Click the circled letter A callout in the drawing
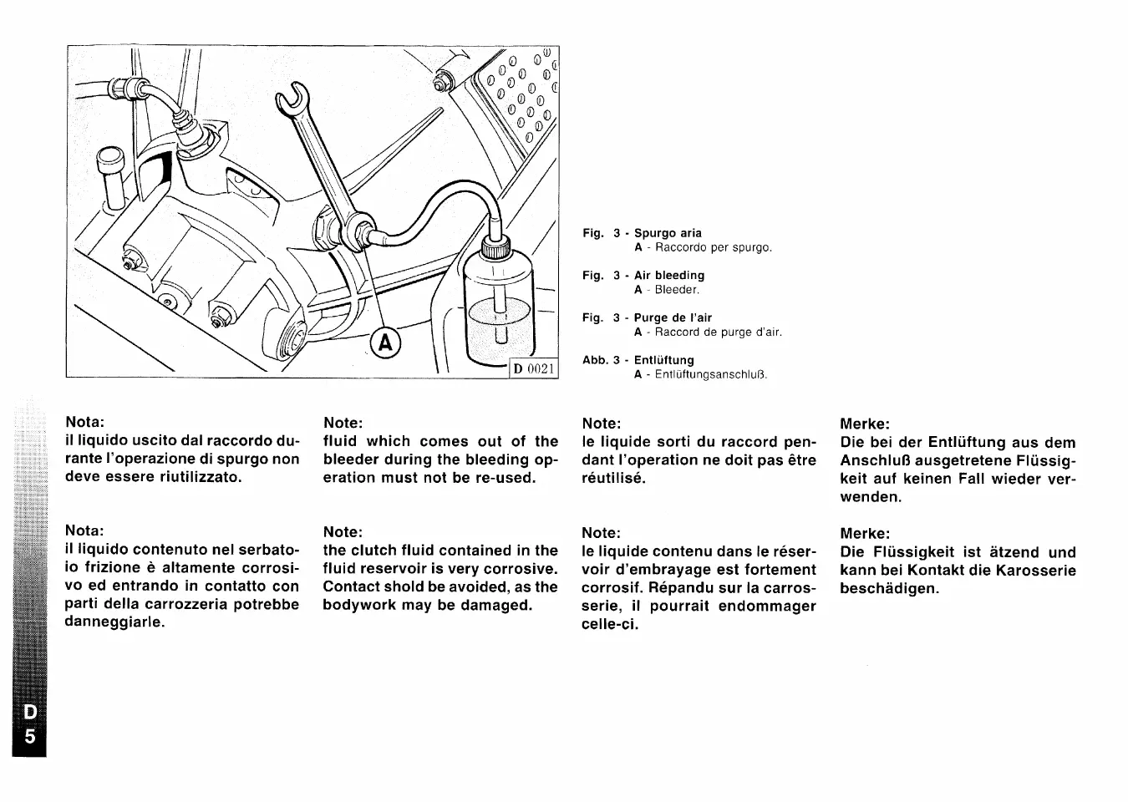click(x=385, y=343)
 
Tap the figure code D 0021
click(x=534, y=368)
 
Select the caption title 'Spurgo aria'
click(x=668, y=233)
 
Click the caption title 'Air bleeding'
click(x=668, y=275)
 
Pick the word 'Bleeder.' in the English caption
click(x=677, y=290)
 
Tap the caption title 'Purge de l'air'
click(x=673, y=317)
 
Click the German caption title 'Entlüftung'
click(x=663, y=360)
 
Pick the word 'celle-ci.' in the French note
click(x=610, y=624)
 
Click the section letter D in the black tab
click(x=29, y=713)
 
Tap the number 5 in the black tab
click(x=29, y=737)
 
